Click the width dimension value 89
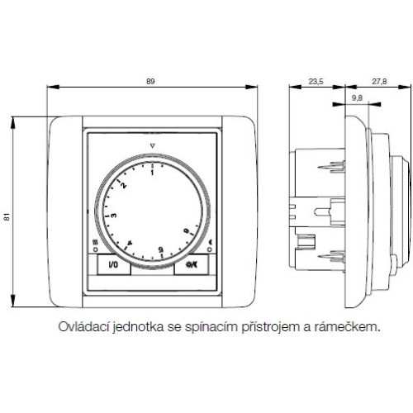tap(150, 80)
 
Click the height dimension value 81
tap(7, 216)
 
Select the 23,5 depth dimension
tap(316, 80)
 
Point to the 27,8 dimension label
tap(379, 80)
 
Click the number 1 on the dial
tap(152, 173)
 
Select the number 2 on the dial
tap(125, 185)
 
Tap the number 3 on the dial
tap(114, 216)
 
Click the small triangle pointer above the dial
tap(153, 146)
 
